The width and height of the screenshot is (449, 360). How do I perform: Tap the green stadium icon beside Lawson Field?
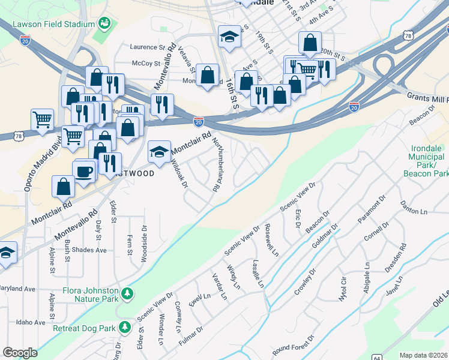point(104,24)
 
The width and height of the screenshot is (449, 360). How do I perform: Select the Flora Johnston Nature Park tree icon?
point(127,293)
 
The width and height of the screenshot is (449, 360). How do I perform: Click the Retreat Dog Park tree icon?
point(125,328)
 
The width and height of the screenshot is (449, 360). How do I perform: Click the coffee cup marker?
point(85,170)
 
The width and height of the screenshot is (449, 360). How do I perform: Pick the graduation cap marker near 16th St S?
point(229,37)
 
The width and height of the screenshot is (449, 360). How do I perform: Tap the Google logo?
point(20,353)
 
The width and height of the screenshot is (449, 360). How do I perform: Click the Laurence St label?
point(148,47)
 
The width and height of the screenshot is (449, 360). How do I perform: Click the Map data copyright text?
point(423,355)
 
